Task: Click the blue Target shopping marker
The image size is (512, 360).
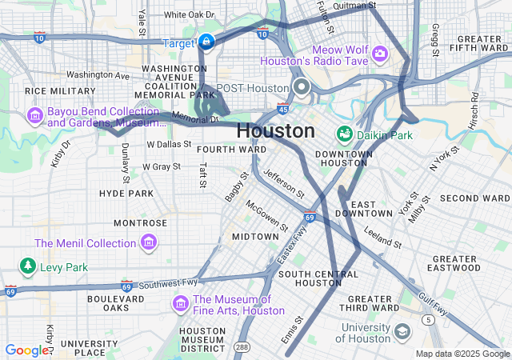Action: coord(206,41)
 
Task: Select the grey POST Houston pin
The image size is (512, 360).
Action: coord(302,87)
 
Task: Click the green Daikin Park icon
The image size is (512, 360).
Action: coord(345,134)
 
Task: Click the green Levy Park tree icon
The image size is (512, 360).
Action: coord(28,266)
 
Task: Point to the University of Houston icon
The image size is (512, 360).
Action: coord(402,331)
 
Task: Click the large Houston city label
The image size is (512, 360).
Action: coord(276,130)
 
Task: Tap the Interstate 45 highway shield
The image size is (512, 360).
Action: coord(283,108)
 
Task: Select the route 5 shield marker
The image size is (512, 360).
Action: coord(430,320)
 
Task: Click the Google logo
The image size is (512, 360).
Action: coord(26,350)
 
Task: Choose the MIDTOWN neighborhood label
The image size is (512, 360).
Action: coord(254,237)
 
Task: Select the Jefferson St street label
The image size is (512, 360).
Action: coord(284,183)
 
